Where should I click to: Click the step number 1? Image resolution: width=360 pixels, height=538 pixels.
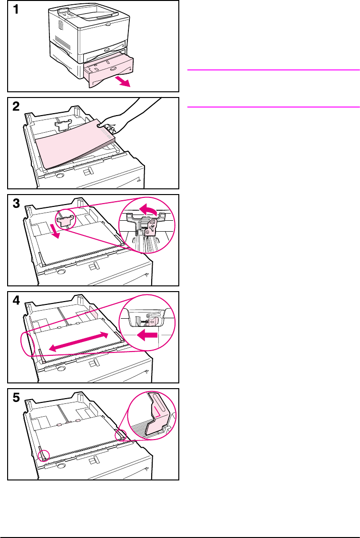click(x=15, y=9)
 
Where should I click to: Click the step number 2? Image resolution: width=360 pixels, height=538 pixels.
click(x=16, y=107)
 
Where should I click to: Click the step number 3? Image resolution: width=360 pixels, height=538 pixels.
click(x=16, y=204)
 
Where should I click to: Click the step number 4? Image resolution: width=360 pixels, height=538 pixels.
click(x=16, y=301)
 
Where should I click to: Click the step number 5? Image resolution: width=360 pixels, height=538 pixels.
click(x=16, y=398)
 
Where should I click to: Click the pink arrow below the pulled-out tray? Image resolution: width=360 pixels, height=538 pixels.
click(x=123, y=82)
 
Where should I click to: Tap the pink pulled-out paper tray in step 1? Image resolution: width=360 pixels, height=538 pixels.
click(x=107, y=72)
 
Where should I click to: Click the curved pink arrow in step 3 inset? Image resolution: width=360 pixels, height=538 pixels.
click(x=148, y=209)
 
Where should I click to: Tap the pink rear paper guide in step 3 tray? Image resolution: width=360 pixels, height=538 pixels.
click(x=66, y=221)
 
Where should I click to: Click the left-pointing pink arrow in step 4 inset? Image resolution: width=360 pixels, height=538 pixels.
click(x=147, y=335)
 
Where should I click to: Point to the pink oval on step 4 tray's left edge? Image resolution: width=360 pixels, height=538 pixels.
click(x=28, y=344)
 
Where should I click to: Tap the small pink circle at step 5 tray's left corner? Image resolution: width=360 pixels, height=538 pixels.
click(x=44, y=456)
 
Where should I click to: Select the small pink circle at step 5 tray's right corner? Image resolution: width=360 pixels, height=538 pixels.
click(x=120, y=435)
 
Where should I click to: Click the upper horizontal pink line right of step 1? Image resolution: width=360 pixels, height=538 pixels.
click(x=273, y=70)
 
